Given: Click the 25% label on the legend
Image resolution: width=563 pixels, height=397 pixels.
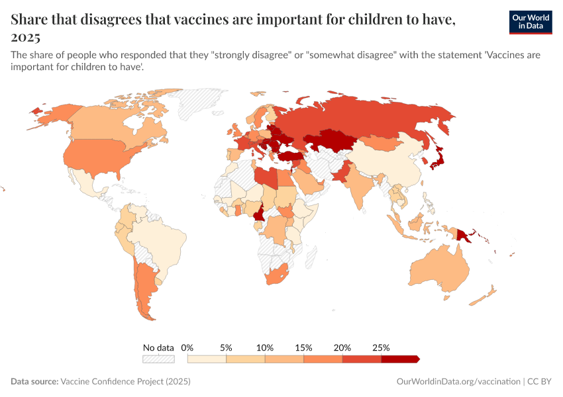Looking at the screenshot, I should coord(381,347).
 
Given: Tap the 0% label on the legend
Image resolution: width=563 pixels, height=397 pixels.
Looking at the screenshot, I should coord(187,347).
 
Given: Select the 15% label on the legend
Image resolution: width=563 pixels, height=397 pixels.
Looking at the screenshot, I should coord(303,347).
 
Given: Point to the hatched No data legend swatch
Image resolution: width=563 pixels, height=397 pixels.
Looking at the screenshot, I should coord(158,359).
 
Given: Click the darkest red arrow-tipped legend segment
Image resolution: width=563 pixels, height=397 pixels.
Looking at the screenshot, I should coord(400,359).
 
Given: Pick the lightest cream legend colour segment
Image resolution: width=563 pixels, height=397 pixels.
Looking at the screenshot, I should coord(207,359).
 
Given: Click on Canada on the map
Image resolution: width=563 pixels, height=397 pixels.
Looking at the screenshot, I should coord(106,122).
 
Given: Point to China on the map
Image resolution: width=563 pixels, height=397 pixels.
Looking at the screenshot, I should coord(387,165).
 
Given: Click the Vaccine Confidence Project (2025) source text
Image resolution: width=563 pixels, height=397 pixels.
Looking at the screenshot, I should coord(126,382).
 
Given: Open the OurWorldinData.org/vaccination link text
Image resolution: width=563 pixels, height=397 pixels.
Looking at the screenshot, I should coord(458,382).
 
